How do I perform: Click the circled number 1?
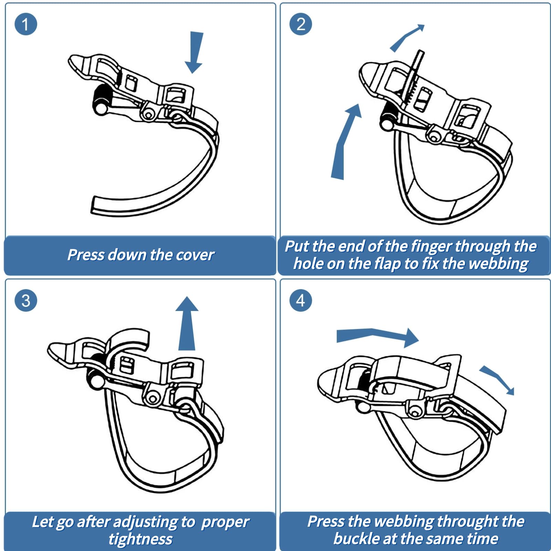(25, 24)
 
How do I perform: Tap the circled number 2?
(301, 24)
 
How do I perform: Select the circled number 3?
(25, 300)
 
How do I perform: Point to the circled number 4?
(301, 300)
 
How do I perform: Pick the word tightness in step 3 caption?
(141, 539)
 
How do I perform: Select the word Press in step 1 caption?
(85, 255)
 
